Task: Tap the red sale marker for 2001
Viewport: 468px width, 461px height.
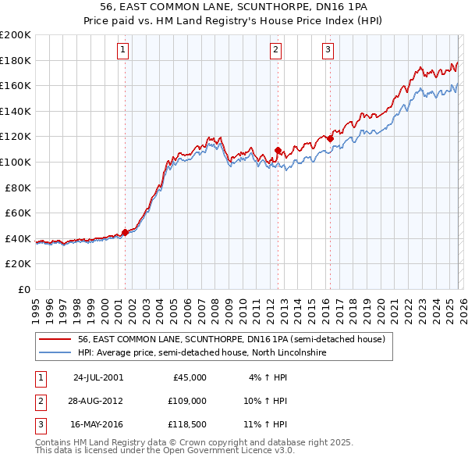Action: click(x=125, y=232)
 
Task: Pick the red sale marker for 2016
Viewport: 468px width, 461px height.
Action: click(x=330, y=138)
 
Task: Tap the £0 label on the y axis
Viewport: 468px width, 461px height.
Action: click(x=23, y=289)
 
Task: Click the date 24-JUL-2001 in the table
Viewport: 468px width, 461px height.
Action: click(x=97, y=377)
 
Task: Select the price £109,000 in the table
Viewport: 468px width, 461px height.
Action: click(x=188, y=401)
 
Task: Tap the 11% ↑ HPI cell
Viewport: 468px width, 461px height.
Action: click(x=265, y=424)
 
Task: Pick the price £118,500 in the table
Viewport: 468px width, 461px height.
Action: click(x=188, y=424)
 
